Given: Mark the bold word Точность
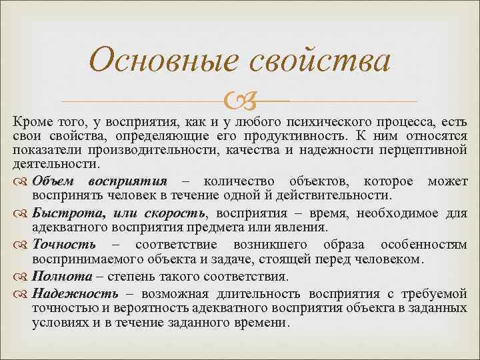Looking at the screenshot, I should click(64, 245).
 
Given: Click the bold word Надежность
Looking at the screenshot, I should click(75, 293).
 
